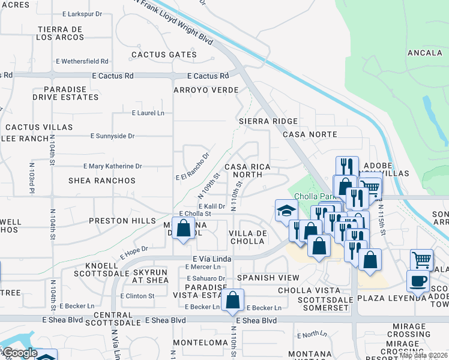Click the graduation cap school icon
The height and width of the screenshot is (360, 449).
tap(286, 211)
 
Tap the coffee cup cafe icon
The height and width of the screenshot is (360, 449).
tap(418, 281)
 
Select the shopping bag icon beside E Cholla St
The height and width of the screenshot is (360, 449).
tap(184, 228)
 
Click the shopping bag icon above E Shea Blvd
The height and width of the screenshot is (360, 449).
tap(232, 299)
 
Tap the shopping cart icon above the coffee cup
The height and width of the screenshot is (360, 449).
tap(421, 260)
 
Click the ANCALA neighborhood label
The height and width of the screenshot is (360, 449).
tap(424, 53)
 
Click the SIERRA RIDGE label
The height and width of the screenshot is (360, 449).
tap(268, 121)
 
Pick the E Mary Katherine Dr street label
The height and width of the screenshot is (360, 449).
tap(112, 166)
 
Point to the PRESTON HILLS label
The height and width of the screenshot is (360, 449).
tap(122, 221)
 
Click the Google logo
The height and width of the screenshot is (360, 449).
tap(19, 353)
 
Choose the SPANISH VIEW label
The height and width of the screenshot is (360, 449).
tap(268, 278)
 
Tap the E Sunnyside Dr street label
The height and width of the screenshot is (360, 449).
tap(112, 136)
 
